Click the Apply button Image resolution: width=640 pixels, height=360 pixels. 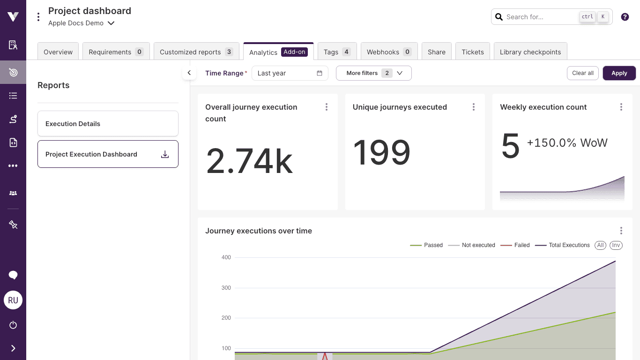[x=619, y=73]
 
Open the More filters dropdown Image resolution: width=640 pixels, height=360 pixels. [x=373, y=73]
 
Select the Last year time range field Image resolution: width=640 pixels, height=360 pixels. [x=290, y=73]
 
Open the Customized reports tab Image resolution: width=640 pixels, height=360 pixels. [x=196, y=52]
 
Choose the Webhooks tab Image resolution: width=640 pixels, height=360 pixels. [x=388, y=52]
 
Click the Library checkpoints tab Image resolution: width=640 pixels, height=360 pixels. [x=530, y=52]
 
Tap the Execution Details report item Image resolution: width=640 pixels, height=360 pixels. [x=108, y=124]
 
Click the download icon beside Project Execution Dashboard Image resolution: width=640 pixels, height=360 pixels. [x=165, y=154]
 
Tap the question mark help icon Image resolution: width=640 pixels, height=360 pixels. [x=625, y=17]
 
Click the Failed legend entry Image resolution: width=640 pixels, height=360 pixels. [x=515, y=245]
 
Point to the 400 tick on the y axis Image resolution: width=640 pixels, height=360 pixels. [x=226, y=257]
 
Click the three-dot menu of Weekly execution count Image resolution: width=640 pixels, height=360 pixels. [x=621, y=107]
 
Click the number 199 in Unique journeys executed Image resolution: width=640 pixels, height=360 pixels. [x=381, y=153]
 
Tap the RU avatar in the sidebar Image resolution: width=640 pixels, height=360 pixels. [x=13, y=300]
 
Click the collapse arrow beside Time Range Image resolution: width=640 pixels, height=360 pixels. [x=189, y=73]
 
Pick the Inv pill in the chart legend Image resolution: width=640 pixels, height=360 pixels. [x=616, y=245]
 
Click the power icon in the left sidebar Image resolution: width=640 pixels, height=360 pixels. [x=13, y=325]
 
